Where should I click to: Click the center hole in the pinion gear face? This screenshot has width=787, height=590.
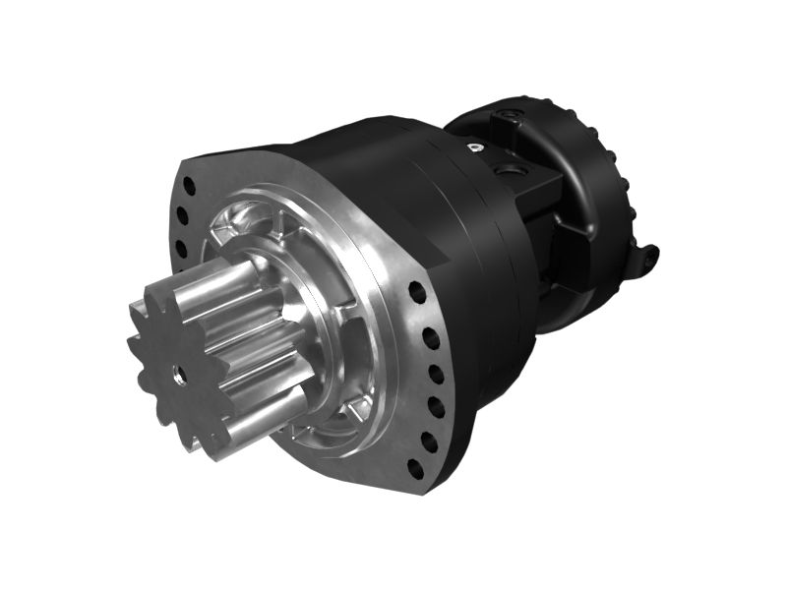[178, 372]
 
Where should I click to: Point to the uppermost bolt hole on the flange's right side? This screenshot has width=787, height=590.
[417, 292]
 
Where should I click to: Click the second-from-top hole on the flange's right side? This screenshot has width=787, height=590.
[431, 339]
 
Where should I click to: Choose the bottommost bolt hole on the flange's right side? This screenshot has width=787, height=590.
[414, 468]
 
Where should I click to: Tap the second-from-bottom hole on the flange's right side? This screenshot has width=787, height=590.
[429, 439]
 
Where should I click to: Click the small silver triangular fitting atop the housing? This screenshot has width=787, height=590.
[476, 148]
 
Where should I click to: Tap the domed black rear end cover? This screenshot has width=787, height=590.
[600, 187]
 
